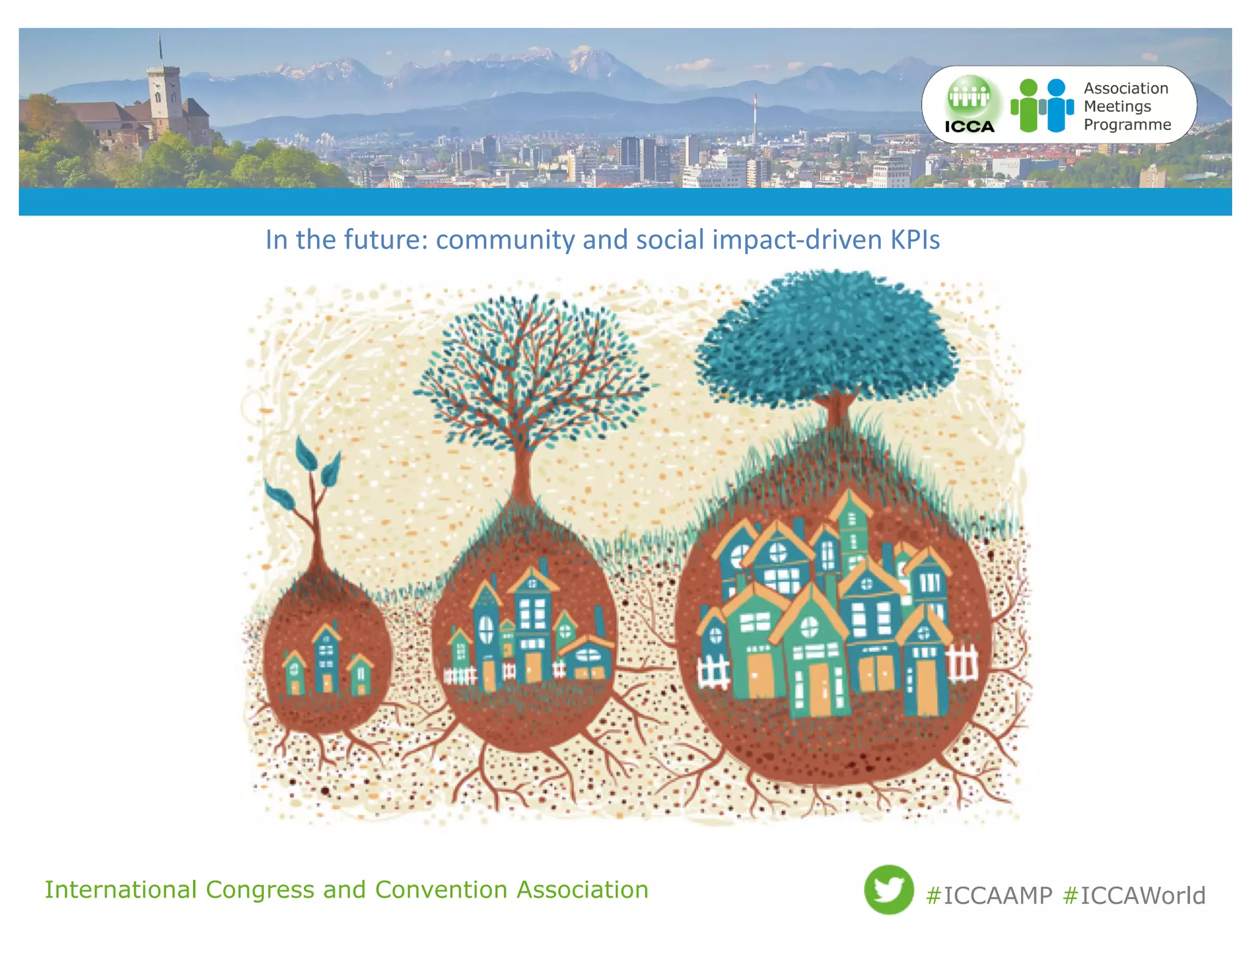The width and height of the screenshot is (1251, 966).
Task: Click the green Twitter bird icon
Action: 888,889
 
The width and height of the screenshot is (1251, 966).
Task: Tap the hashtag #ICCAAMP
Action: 989,896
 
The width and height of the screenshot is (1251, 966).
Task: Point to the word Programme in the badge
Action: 1127,125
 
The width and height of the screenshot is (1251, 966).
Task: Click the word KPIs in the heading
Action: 914,240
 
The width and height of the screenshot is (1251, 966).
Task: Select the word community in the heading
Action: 505,240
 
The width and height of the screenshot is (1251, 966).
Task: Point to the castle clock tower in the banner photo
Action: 163,92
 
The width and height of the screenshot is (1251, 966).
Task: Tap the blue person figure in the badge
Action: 1057,106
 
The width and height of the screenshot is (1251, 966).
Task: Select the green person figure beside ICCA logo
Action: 1029,106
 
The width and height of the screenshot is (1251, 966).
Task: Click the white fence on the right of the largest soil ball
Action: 962,663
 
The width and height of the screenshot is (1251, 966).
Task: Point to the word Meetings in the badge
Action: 1117,106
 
